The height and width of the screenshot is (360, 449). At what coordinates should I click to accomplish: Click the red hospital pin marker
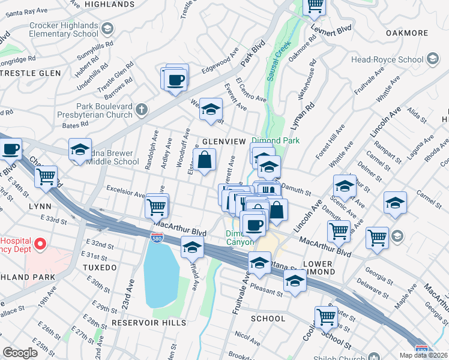(x=40, y=244)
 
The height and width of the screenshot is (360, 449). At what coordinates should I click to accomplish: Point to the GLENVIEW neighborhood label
(x=224, y=141)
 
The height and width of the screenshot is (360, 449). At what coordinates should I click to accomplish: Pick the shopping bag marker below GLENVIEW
(x=204, y=160)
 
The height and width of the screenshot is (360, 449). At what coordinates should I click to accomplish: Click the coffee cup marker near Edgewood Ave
(x=176, y=80)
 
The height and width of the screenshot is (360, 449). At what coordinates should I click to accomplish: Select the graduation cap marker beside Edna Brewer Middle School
(x=80, y=151)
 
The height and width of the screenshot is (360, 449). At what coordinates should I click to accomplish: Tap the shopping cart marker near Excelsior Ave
(x=156, y=207)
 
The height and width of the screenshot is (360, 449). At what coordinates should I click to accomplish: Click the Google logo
(x=20, y=353)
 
